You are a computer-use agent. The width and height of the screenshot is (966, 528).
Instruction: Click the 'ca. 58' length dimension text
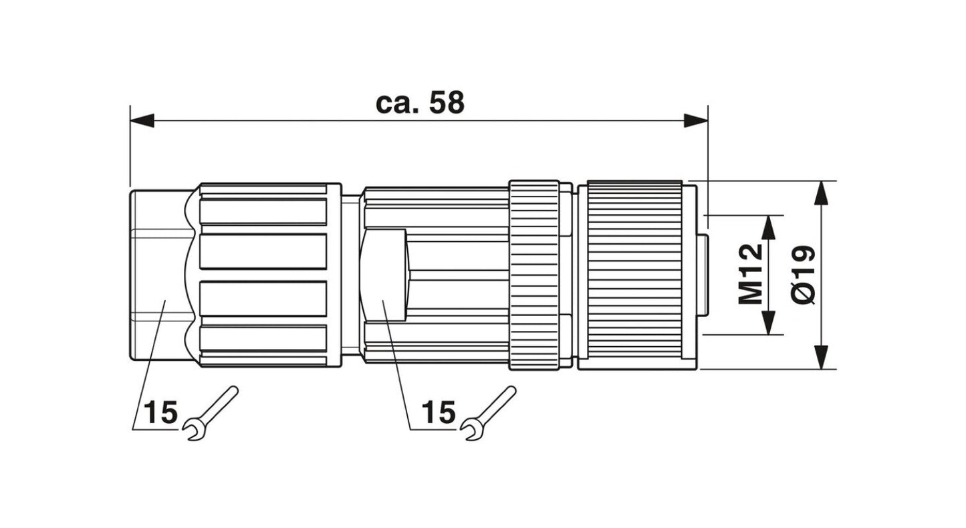click(420, 103)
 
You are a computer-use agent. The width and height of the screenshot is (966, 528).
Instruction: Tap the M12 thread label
click(751, 274)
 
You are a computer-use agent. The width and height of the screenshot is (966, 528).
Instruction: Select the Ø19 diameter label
click(802, 275)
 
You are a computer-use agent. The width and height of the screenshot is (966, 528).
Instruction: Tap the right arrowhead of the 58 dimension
click(696, 121)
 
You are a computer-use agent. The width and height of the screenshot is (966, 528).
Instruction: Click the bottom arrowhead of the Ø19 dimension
click(822, 357)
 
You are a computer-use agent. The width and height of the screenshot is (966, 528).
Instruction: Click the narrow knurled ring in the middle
click(534, 274)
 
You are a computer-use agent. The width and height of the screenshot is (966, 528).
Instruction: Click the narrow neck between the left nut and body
click(350, 274)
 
